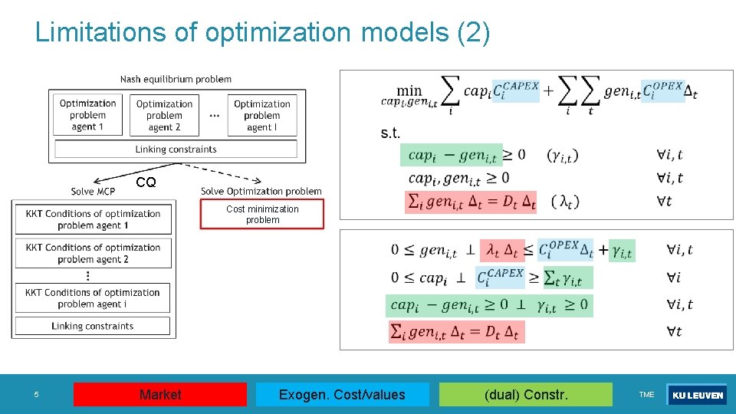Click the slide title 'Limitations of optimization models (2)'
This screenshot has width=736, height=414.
tap(262, 32)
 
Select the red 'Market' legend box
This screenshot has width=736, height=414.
tap(160, 395)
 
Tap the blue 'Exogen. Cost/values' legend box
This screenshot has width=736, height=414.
tap(342, 395)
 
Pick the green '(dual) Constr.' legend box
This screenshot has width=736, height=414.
tap(526, 395)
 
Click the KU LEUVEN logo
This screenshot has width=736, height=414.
tap(697, 396)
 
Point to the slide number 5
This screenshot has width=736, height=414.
tap(35, 395)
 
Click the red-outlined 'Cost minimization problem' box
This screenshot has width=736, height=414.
tap(262, 215)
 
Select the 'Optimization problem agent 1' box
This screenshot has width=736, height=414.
tap(87, 115)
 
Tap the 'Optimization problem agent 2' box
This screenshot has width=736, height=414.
tap(164, 116)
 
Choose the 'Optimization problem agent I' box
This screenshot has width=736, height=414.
tap(262, 116)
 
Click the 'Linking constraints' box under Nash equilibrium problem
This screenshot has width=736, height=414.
tap(176, 149)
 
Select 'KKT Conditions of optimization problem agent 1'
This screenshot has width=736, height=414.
tap(93, 219)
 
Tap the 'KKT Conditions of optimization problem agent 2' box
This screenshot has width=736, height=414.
tap(93, 253)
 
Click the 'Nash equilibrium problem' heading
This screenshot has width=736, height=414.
tap(176, 79)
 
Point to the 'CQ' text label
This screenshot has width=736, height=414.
tap(146, 182)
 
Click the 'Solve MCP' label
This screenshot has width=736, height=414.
tap(94, 191)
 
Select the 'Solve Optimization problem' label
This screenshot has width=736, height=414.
tap(261, 191)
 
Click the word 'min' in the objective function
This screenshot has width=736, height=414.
tap(409, 90)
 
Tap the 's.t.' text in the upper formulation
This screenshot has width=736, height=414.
tap(390, 133)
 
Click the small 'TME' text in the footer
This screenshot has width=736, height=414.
tap(646, 395)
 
